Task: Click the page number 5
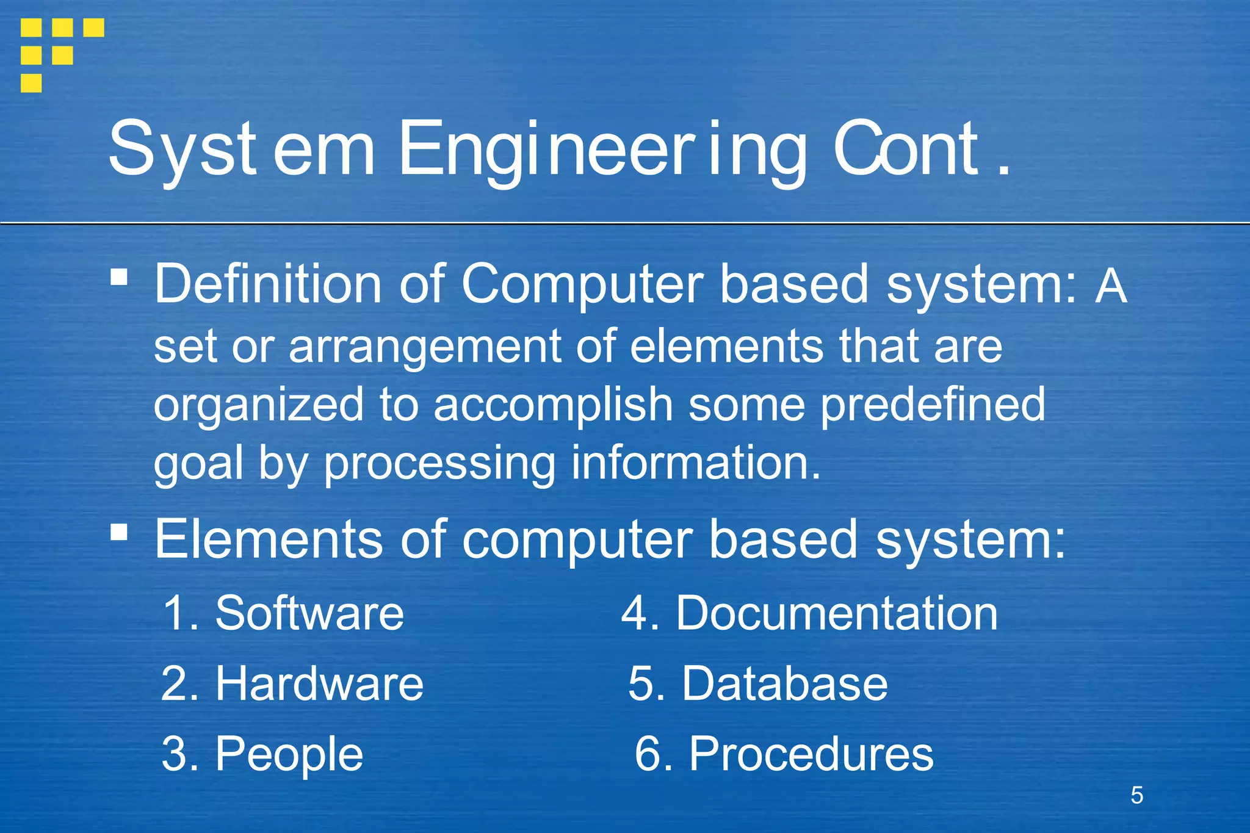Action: [x=1136, y=795]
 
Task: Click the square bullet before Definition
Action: [x=120, y=278]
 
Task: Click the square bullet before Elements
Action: [x=120, y=533]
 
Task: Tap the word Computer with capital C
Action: [x=582, y=284]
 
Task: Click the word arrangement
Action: [x=424, y=347]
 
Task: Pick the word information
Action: [x=695, y=463]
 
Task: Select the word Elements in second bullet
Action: [x=269, y=539]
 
